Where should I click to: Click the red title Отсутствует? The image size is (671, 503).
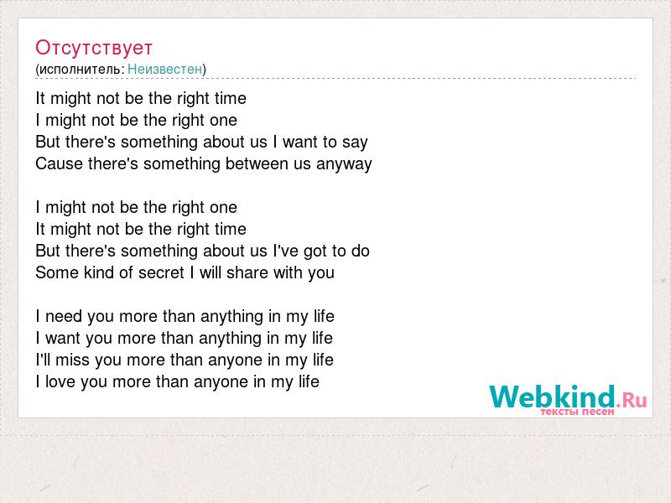pyautogui.click(x=94, y=48)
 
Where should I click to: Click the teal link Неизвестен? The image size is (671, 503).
pyautogui.click(x=164, y=69)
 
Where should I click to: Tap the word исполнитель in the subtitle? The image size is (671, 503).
pyautogui.click(x=80, y=70)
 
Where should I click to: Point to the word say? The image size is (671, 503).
pyautogui.click(x=355, y=143)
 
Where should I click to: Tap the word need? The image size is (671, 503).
pyautogui.click(x=64, y=317)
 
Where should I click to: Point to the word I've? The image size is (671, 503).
pyautogui.click(x=286, y=251)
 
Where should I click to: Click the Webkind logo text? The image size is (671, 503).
pyautogui.click(x=553, y=397)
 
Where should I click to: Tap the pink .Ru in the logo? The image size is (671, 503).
pyautogui.click(x=632, y=400)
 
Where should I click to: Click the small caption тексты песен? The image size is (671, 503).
pyautogui.click(x=577, y=412)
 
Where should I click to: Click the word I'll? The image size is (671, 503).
pyautogui.click(x=44, y=360)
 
